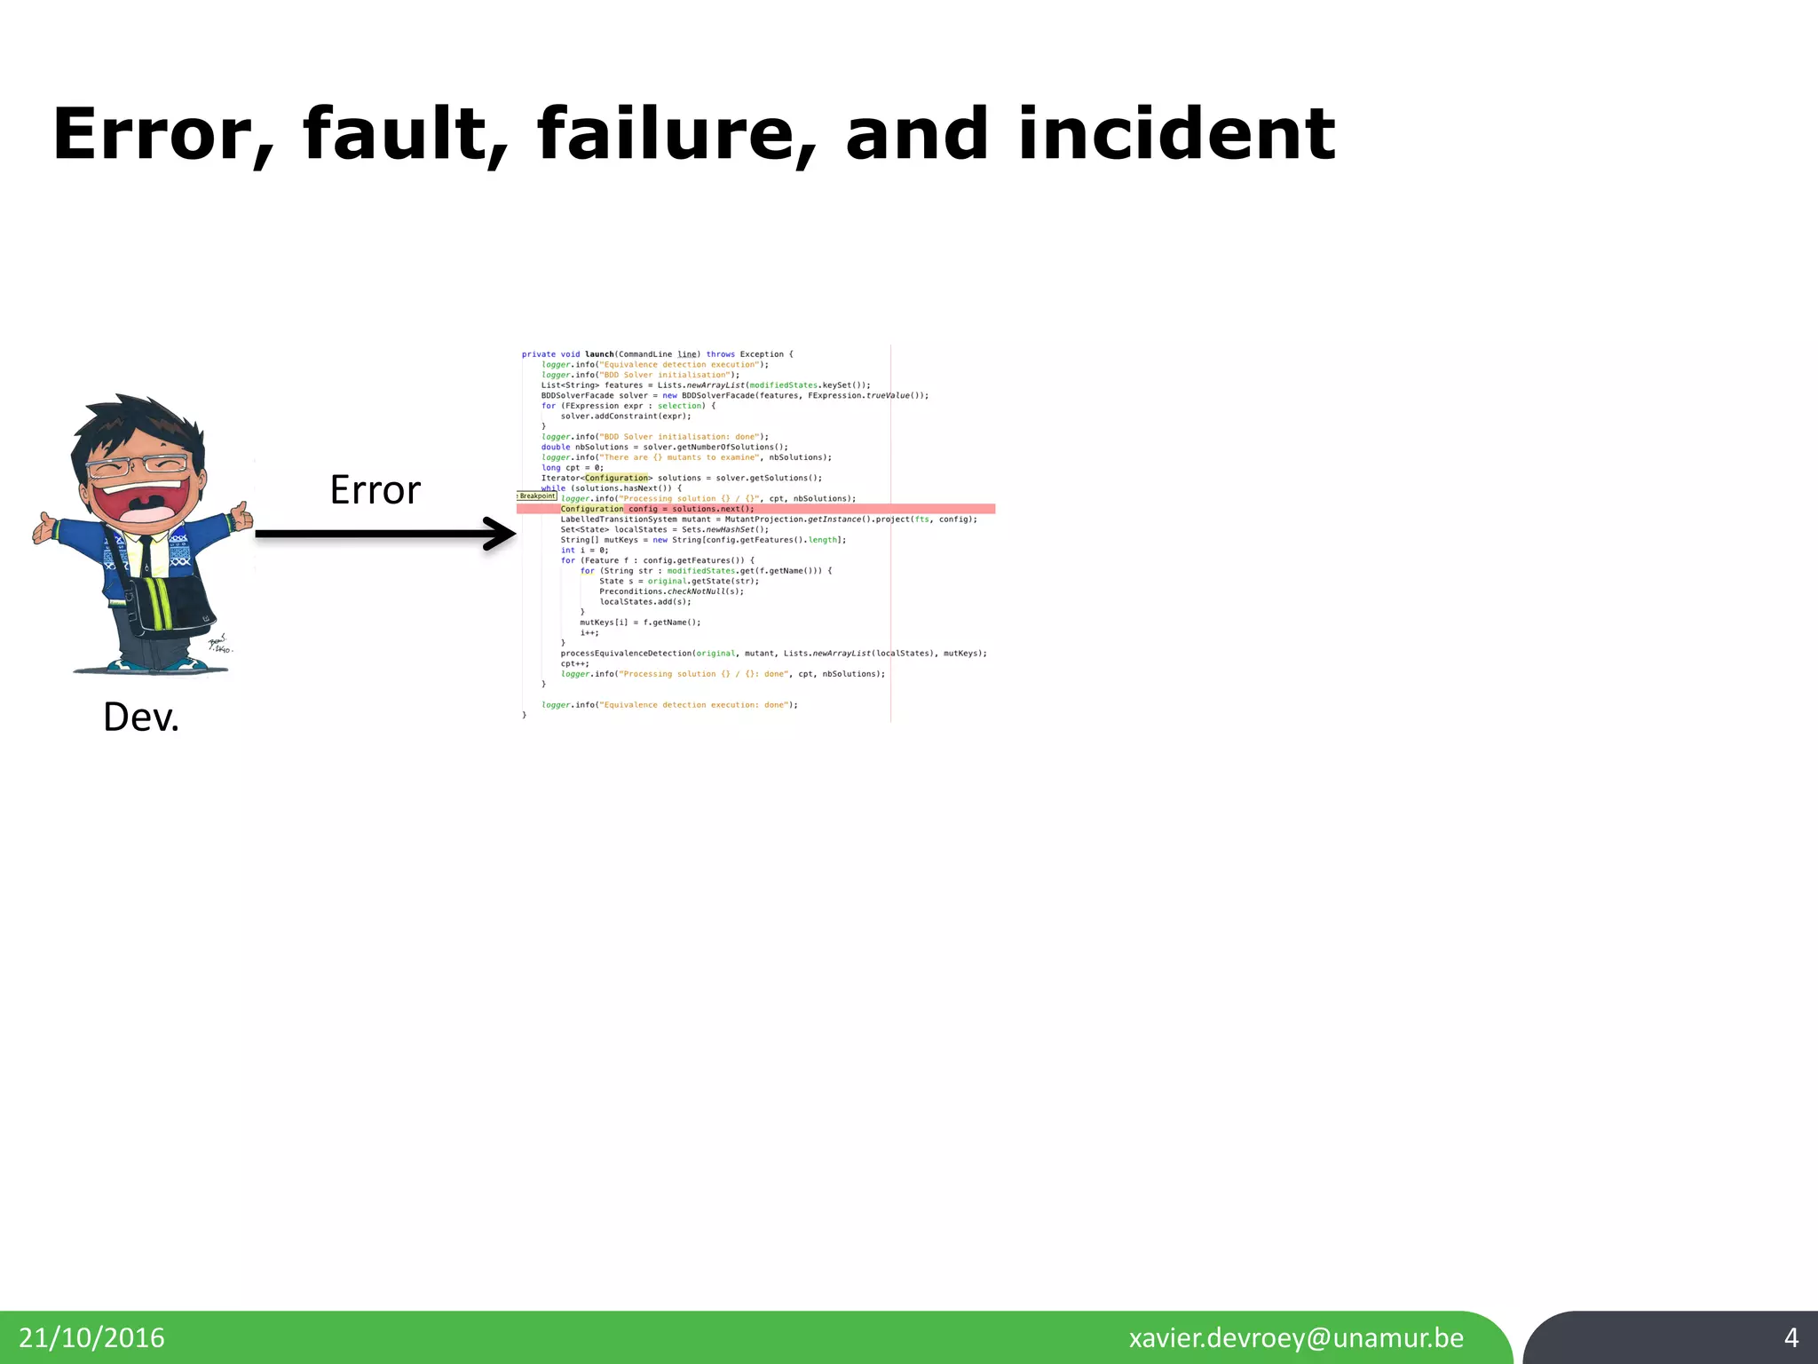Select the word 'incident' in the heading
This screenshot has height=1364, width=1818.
(x=1176, y=135)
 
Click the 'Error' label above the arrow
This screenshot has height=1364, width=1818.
(x=375, y=490)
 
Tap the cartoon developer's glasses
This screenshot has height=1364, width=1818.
(x=138, y=465)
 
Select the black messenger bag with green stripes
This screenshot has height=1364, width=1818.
(x=173, y=604)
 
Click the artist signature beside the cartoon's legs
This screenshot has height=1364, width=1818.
(x=218, y=645)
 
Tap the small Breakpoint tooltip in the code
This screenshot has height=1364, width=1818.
(x=537, y=496)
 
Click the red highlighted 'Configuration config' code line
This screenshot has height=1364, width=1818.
(x=657, y=509)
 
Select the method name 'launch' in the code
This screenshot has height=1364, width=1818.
(x=599, y=354)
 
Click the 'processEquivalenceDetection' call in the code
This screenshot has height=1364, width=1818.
(x=626, y=654)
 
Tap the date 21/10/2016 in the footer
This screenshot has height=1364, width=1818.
(x=91, y=1338)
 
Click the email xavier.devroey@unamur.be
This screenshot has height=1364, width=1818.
(x=1296, y=1338)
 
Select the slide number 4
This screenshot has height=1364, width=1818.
(x=1790, y=1337)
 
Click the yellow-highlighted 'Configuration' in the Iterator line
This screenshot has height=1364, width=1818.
(x=617, y=478)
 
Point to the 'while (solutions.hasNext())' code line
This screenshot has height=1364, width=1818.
(x=613, y=488)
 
